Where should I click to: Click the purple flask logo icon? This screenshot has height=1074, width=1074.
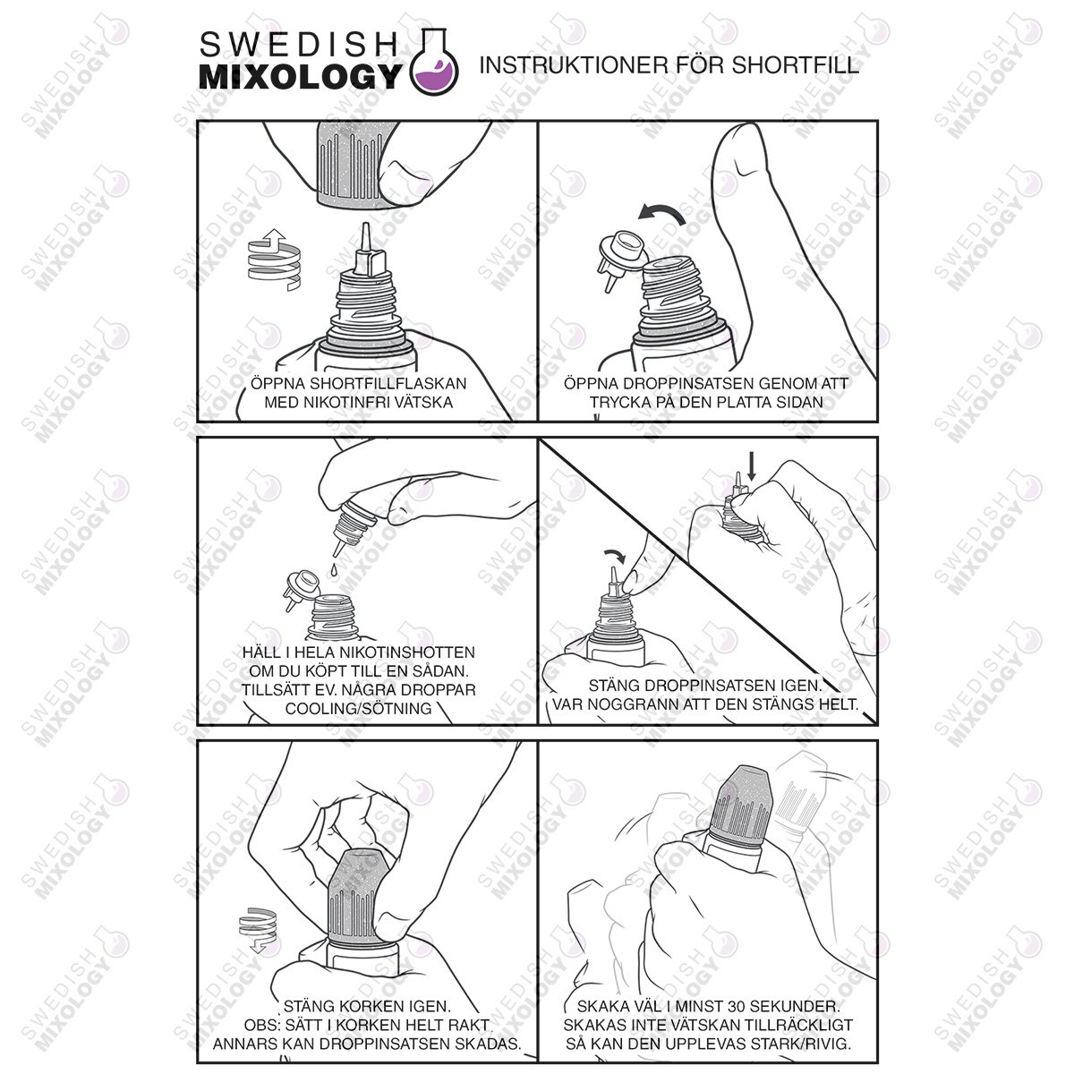point(434,62)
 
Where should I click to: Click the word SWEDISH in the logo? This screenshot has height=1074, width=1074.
point(299,45)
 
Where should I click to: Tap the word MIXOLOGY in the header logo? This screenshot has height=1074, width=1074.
point(300,76)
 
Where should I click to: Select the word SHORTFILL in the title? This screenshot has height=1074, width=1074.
point(795,65)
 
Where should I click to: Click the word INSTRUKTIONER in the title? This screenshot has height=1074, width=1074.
point(573,65)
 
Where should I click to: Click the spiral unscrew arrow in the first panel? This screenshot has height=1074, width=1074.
point(274,260)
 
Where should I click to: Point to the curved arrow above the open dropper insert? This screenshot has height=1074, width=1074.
point(662,214)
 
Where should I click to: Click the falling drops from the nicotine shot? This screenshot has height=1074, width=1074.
point(333,569)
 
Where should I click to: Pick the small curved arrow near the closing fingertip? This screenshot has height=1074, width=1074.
point(617,555)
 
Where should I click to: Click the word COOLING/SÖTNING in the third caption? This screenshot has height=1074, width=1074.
point(358,708)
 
